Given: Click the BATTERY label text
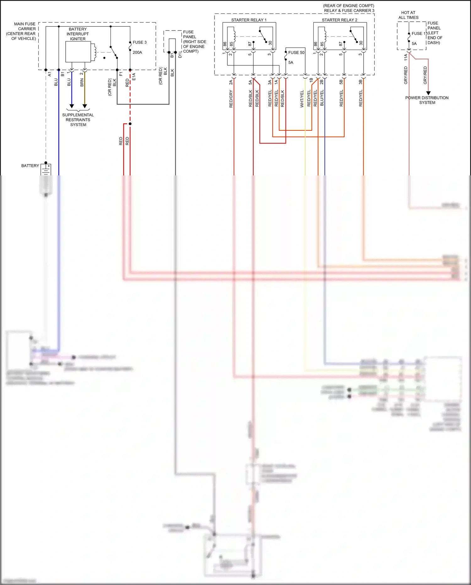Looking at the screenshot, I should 30,166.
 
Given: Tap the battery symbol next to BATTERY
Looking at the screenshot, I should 46,170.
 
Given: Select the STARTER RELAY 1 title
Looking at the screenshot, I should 249,20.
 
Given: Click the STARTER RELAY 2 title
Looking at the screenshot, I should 339,20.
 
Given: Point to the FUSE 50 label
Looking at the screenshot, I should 296,52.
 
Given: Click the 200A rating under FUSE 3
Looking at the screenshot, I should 137,52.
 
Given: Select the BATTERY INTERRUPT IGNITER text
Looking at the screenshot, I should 78,34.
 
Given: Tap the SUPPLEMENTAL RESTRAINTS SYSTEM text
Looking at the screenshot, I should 78,120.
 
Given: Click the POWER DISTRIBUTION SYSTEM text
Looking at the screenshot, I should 427,100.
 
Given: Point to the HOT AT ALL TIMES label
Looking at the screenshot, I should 408,15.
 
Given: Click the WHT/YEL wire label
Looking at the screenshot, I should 302,99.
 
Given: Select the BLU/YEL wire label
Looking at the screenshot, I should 322,98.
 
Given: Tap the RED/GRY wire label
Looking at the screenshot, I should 231,99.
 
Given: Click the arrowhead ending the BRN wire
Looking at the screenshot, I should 84,106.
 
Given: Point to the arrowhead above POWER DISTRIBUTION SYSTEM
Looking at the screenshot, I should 428,93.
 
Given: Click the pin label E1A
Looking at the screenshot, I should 134,77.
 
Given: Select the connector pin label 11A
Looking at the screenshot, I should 406,57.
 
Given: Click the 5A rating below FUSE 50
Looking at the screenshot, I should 291,63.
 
